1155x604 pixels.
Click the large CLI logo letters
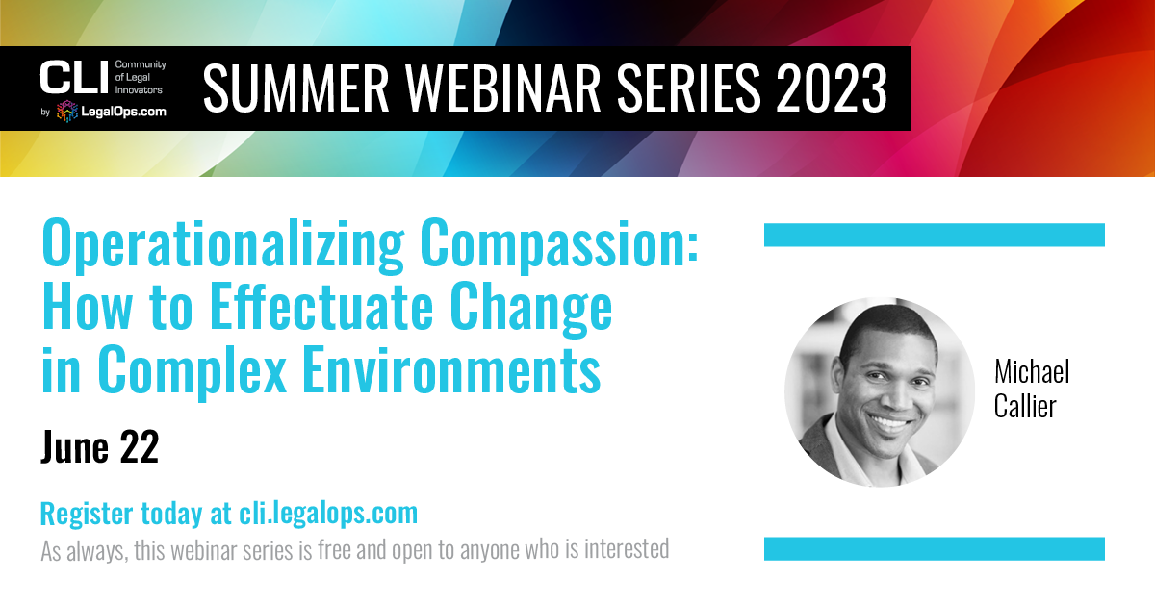click(x=74, y=77)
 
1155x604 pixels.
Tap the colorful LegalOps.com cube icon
click(x=67, y=112)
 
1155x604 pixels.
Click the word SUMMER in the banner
click(x=296, y=88)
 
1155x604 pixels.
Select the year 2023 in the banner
click(x=832, y=88)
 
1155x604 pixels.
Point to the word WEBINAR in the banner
click(x=503, y=88)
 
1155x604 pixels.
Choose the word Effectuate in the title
click(x=321, y=307)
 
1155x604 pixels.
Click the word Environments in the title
click(x=451, y=370)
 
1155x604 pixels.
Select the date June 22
click(x=100, y=447)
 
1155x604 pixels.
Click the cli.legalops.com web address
click(x=328, y=514)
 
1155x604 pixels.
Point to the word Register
click(x=87, y=515)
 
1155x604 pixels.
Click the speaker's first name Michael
click(x=1032, y=371)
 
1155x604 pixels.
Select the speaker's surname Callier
click(x=1025, y=406)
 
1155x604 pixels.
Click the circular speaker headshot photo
click(x=880, y=392)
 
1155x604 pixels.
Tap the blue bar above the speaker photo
click(x=935, y=235)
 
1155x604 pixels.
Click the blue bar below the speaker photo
click(x=935, y=549)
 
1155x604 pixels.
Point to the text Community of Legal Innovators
click(x=141, y=77)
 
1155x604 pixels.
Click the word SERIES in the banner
click(x=689, y=88)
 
